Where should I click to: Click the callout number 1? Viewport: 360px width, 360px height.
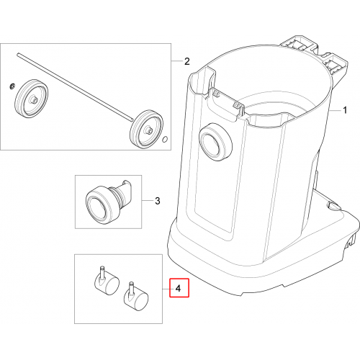pyautogui.click(x=345, y=110)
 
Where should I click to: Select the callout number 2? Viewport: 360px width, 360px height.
pyautogui.click(x=187, y=61)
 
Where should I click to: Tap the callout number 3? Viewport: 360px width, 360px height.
pyautogui.click(x=158, y=201)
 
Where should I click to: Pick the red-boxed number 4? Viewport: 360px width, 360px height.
pyautogui.click(x=178, y=288)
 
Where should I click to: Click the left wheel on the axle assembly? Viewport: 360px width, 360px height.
pyautogui.click(x=32, y=98)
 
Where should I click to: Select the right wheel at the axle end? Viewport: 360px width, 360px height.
pyautogui.click(x=146, y=129)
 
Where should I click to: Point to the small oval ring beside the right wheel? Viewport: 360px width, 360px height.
pyautogui.click(x=165, y=140)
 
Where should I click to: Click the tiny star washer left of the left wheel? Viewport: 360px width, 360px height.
pyautogui.click(x=13, y=86)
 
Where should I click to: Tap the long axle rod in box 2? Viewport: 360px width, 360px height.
pyautogui.click(x=75, y=86)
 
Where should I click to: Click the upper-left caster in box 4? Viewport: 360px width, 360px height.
pyautogui.click(x=107, y=283)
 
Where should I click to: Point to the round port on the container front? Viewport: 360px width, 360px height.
pyautogui.click(x=216, y=142)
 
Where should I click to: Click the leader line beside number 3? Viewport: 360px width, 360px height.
pyautogui.click(x=147, y=201)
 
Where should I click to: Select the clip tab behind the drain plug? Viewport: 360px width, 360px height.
pyautogui.click(x=125, y=192)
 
